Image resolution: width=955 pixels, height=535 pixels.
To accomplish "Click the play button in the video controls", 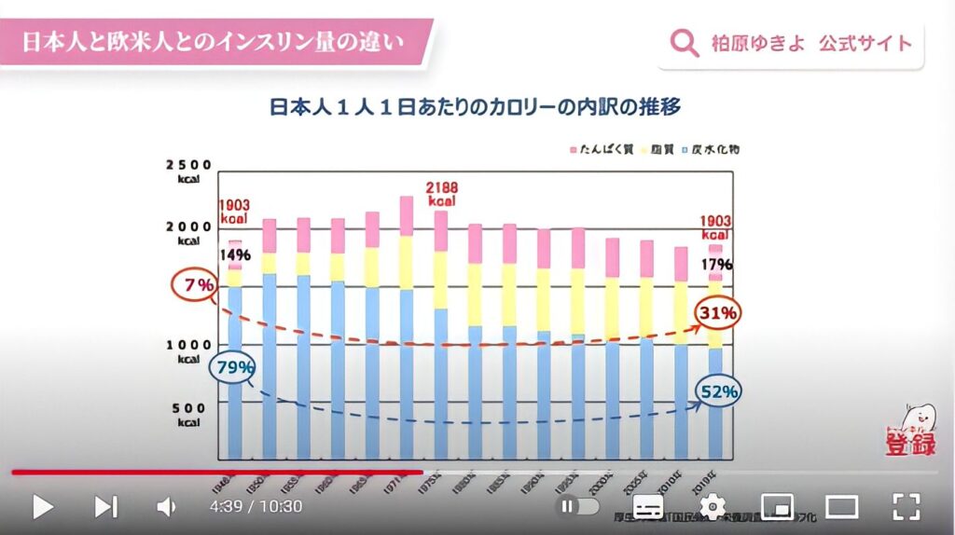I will pos(42,506).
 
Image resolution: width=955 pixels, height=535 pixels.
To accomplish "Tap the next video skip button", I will pos(105,506).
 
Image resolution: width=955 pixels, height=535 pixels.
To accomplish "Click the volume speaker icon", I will pos(166,506).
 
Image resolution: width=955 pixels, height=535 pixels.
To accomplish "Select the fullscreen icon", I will pos(907,506).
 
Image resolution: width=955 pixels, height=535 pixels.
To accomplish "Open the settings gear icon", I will pos(712,506).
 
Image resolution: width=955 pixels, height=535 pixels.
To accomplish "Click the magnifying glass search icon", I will pos(685,43).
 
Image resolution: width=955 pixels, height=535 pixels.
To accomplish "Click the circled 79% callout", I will pos(234,367).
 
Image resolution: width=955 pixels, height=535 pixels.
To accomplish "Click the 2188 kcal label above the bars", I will pos(442,194).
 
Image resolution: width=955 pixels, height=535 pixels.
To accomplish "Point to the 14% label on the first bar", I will pos(235,254).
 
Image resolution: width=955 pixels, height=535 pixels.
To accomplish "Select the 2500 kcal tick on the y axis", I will pos(188,171).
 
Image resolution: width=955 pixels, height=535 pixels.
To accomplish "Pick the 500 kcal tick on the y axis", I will pos(188,414).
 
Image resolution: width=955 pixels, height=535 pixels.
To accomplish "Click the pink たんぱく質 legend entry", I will pos(594,149).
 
